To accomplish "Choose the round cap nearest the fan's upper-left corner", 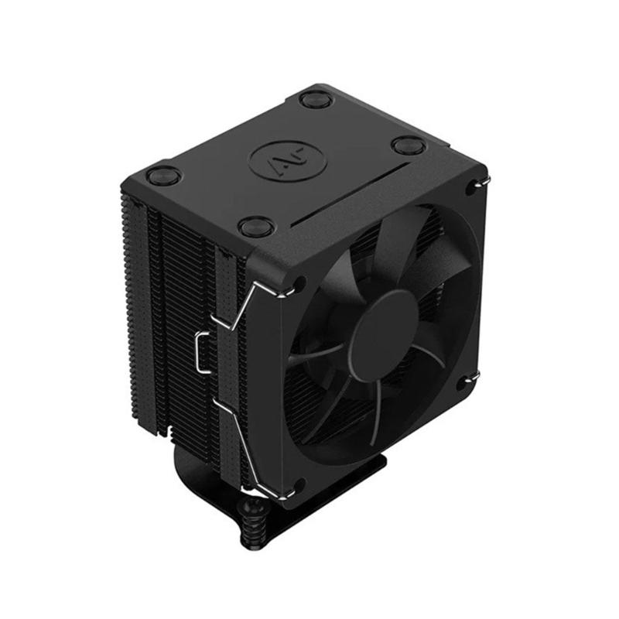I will [x=252, y=227].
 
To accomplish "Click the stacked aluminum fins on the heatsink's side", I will [x=166, y=309].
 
